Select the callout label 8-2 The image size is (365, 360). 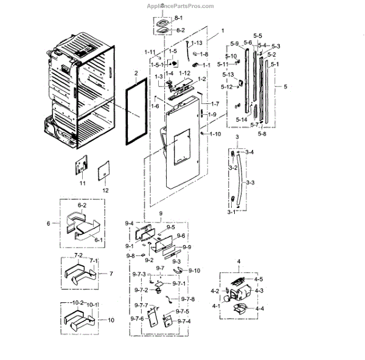pos(178,29)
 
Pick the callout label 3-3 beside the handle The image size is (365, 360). pos(250,182)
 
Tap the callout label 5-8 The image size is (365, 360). pos(262,133)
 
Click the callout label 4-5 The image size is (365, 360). pos(258,279)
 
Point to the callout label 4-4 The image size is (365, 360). pos(259,309)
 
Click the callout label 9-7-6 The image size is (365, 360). pos(136,319)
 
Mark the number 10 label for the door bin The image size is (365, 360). pos(111,319)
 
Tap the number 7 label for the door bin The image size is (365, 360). pos(111,274)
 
